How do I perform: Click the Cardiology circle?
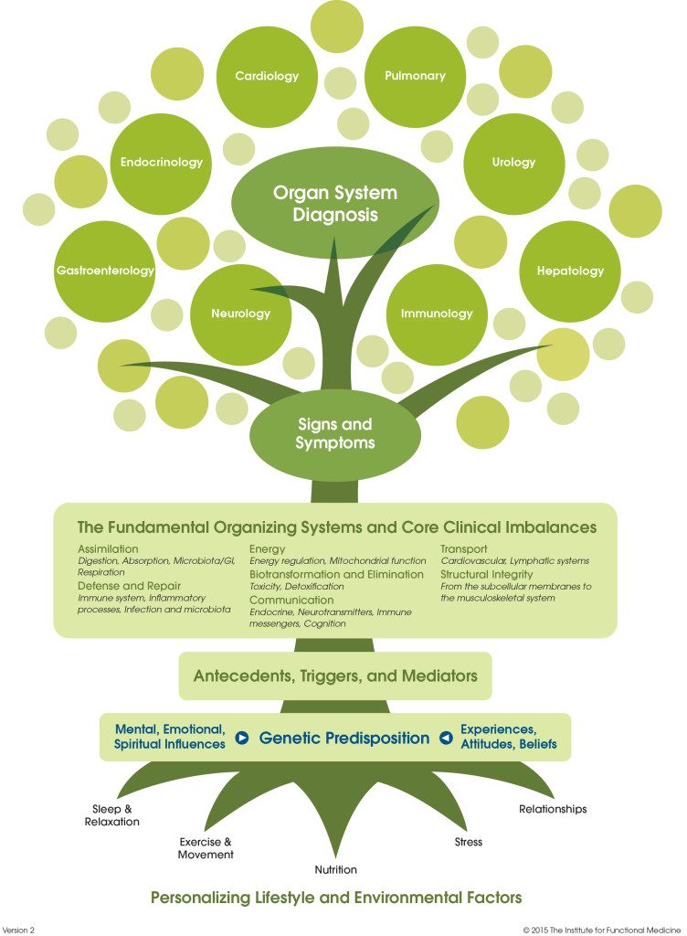[267, 77]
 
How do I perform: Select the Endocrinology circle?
[162, 163]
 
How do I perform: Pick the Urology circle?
[513, 163]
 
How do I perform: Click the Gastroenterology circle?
[105, 271]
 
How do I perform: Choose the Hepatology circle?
[570, 271]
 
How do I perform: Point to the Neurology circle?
[241, 314]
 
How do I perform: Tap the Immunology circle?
[437, 314]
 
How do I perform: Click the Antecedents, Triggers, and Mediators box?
[335, 676]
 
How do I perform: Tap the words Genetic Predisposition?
[343, 738]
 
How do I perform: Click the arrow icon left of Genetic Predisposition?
[242, 738]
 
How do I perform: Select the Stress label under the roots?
[469, 841]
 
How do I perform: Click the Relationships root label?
[553, 809]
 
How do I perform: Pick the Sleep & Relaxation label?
[115, 815]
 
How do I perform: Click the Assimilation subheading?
[109, 548]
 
